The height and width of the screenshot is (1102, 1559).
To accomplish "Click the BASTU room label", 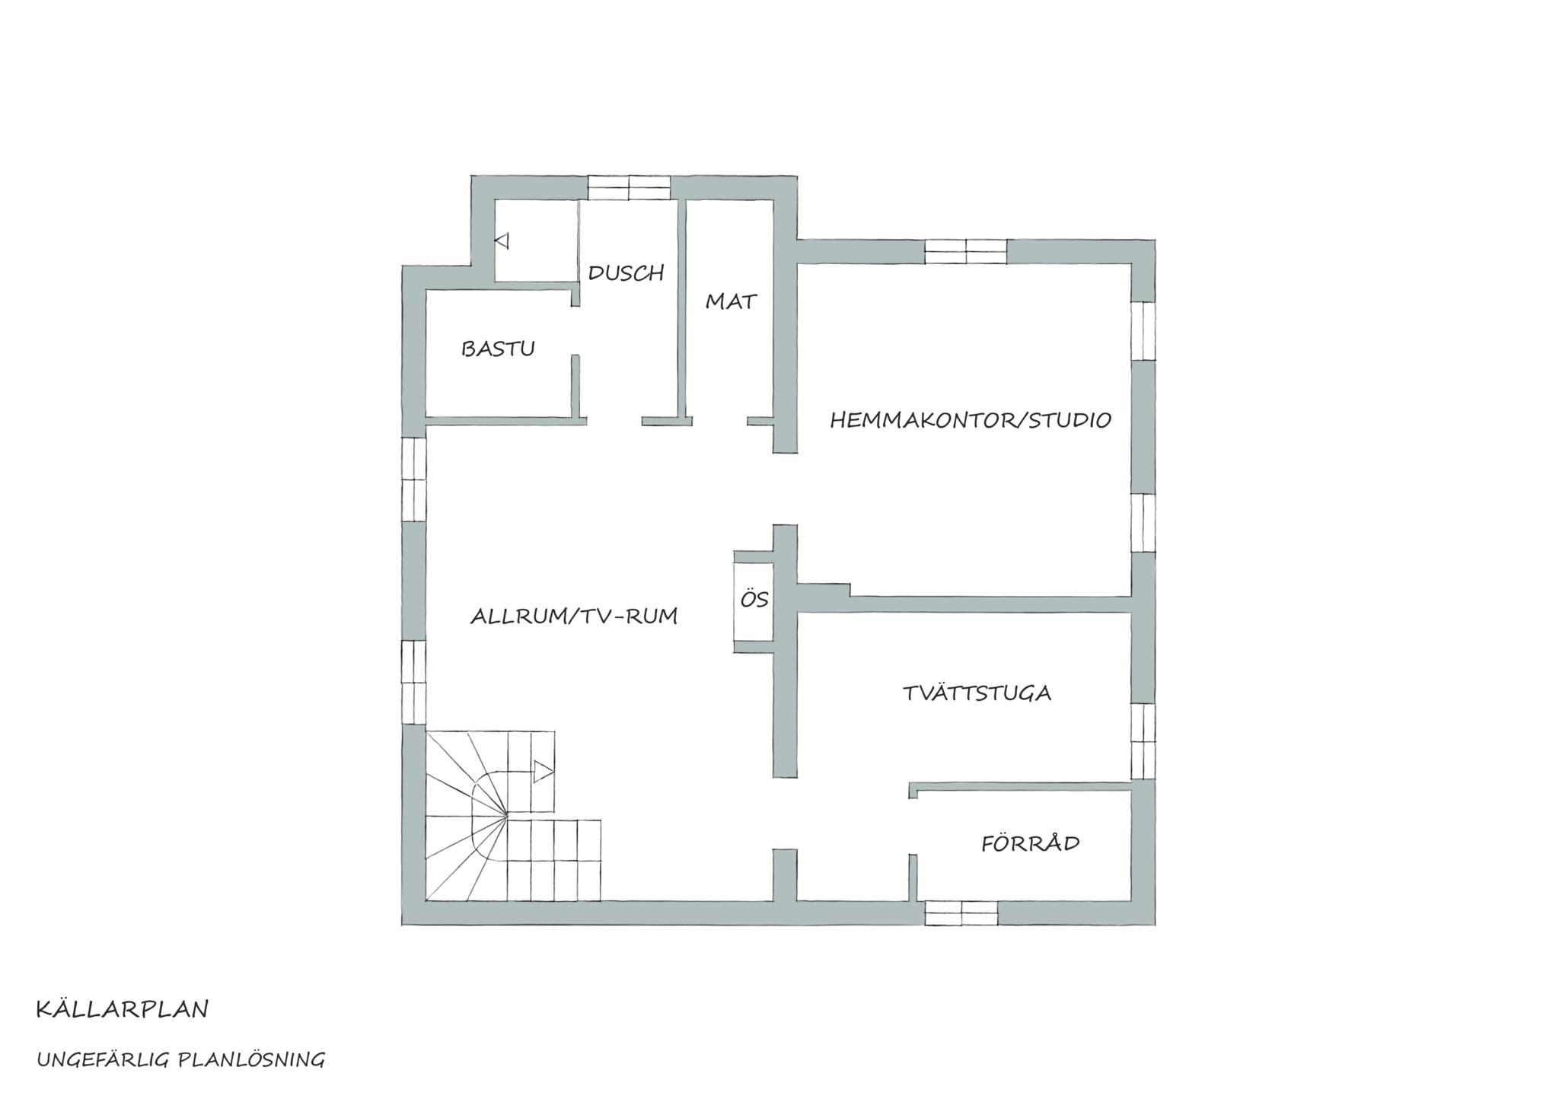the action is click(x=498, y=349).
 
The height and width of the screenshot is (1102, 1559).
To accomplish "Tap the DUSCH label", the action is click(x=626, y=272).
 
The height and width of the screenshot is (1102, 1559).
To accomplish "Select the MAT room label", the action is click(x=731, y=301).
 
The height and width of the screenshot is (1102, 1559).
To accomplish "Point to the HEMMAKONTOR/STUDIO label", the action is click(x=971, y=419).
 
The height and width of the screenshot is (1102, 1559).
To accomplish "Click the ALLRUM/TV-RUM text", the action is click(x=574, y=616).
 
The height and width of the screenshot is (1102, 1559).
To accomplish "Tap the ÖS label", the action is click(x=754, y=599).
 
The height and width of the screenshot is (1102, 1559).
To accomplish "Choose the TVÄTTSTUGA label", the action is click(x=977, y=693).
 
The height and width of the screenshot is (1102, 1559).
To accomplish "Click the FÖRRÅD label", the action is click(x=1030, y=842).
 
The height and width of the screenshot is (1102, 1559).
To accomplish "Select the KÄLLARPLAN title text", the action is click(x=122, y=1009).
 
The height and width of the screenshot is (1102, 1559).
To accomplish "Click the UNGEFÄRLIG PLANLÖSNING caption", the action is click(x=180, y=1059).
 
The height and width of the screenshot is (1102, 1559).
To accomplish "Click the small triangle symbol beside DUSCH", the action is click(x=502, y=241).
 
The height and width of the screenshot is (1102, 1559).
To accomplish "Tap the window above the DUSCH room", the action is click(x=629, y=187).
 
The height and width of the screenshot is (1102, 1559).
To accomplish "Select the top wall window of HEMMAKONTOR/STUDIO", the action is click(x=966, y=251).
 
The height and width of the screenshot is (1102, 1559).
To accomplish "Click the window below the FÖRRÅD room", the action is click(x=961, y=913).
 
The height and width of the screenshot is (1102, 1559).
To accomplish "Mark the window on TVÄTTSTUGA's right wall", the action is click(x=1143, y=741).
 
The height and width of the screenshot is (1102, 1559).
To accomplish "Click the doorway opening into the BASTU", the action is click(x=576, y=331).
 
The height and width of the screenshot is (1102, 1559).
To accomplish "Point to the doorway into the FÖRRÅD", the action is click(x=913, y=826).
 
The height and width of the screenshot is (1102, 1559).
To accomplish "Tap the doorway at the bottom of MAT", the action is click(x=719, y=421).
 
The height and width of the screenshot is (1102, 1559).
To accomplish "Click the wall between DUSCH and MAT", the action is click(x=683, y=308).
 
